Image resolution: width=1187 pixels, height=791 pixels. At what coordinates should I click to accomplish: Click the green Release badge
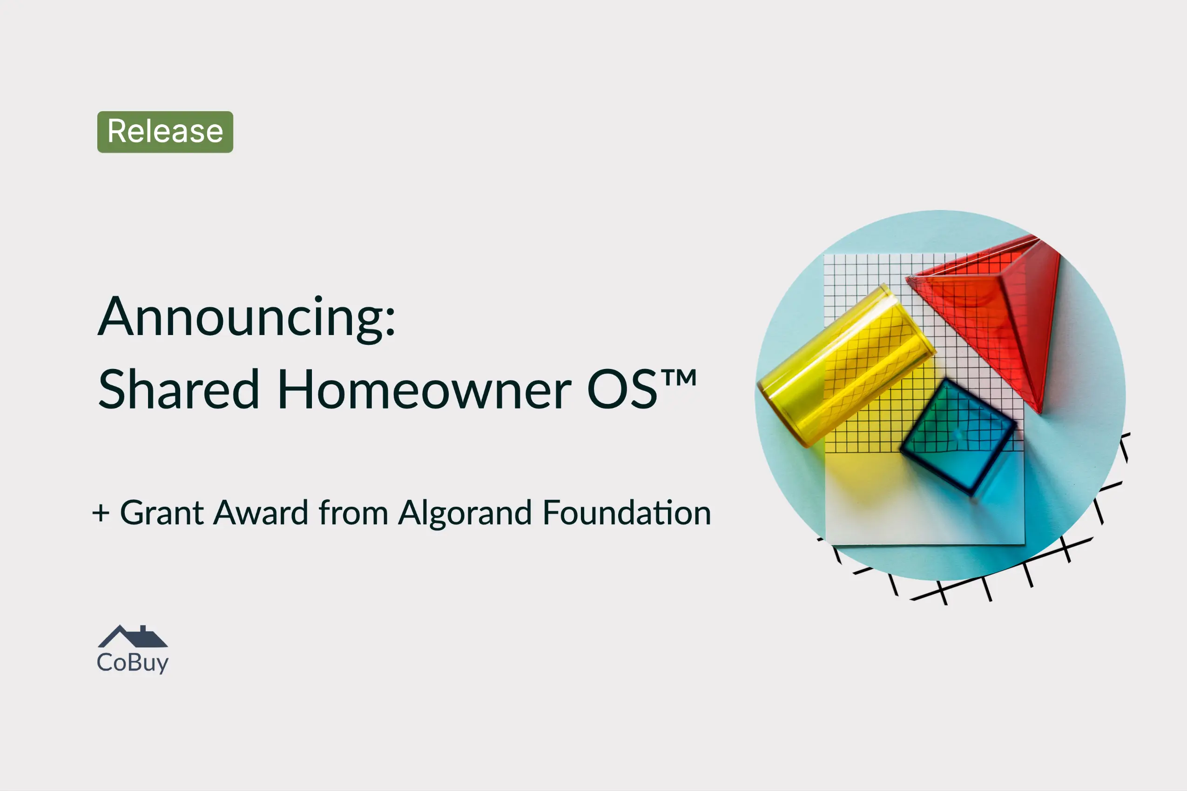point(165,132)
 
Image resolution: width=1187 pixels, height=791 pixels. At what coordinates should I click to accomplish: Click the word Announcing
point(241,318)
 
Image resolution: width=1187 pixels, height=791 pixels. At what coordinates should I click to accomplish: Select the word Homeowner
point(425,389)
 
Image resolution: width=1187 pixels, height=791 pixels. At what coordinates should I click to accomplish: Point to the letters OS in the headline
point(622,389)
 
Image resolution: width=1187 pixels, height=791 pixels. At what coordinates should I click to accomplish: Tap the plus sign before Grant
point(101,513)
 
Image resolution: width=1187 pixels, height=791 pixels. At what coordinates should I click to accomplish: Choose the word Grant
point(162,513)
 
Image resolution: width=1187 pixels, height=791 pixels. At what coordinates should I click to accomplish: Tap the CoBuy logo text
point(133,663)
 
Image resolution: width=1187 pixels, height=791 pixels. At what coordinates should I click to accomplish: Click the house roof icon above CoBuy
point(133,637)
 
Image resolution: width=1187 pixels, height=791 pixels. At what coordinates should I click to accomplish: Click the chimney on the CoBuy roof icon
point(143,629)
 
